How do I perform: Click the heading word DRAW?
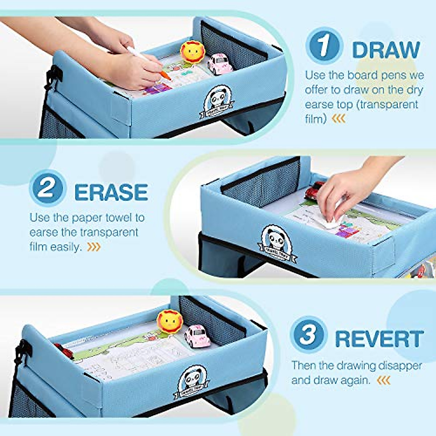[x=386, y=50]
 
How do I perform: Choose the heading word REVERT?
[x=379, y=339]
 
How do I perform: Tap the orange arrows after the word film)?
[x=339, y=119]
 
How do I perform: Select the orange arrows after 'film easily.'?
[x=94, y=247]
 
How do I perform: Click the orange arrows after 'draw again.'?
[x=384, y=380]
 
